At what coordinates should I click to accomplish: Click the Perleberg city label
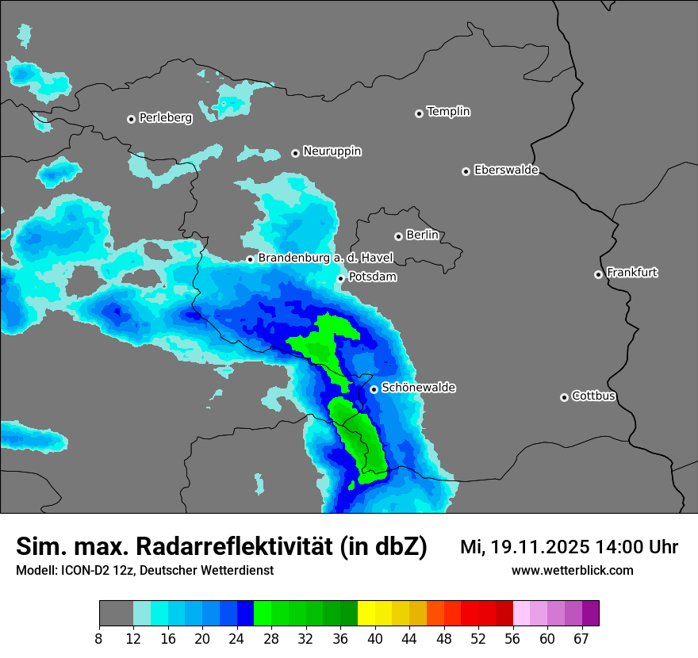[x=166, y=118]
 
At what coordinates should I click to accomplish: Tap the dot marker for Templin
[x=419, y=113]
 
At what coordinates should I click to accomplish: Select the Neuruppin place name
[x=332, y=151]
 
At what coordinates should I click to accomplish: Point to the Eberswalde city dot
[x=466, y=171]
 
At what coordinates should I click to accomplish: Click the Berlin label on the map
[x=422, y=235]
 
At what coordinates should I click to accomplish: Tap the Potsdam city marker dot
[x=340, y=278]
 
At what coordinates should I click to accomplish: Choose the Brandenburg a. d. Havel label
[x=325, y=258]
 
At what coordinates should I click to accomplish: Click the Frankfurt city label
[x=632, y=273]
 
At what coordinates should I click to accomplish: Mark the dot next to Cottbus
[x=564, y=397]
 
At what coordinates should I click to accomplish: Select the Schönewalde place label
[x=419, y=388]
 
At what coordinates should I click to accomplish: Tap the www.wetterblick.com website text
[x=573, y=570]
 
